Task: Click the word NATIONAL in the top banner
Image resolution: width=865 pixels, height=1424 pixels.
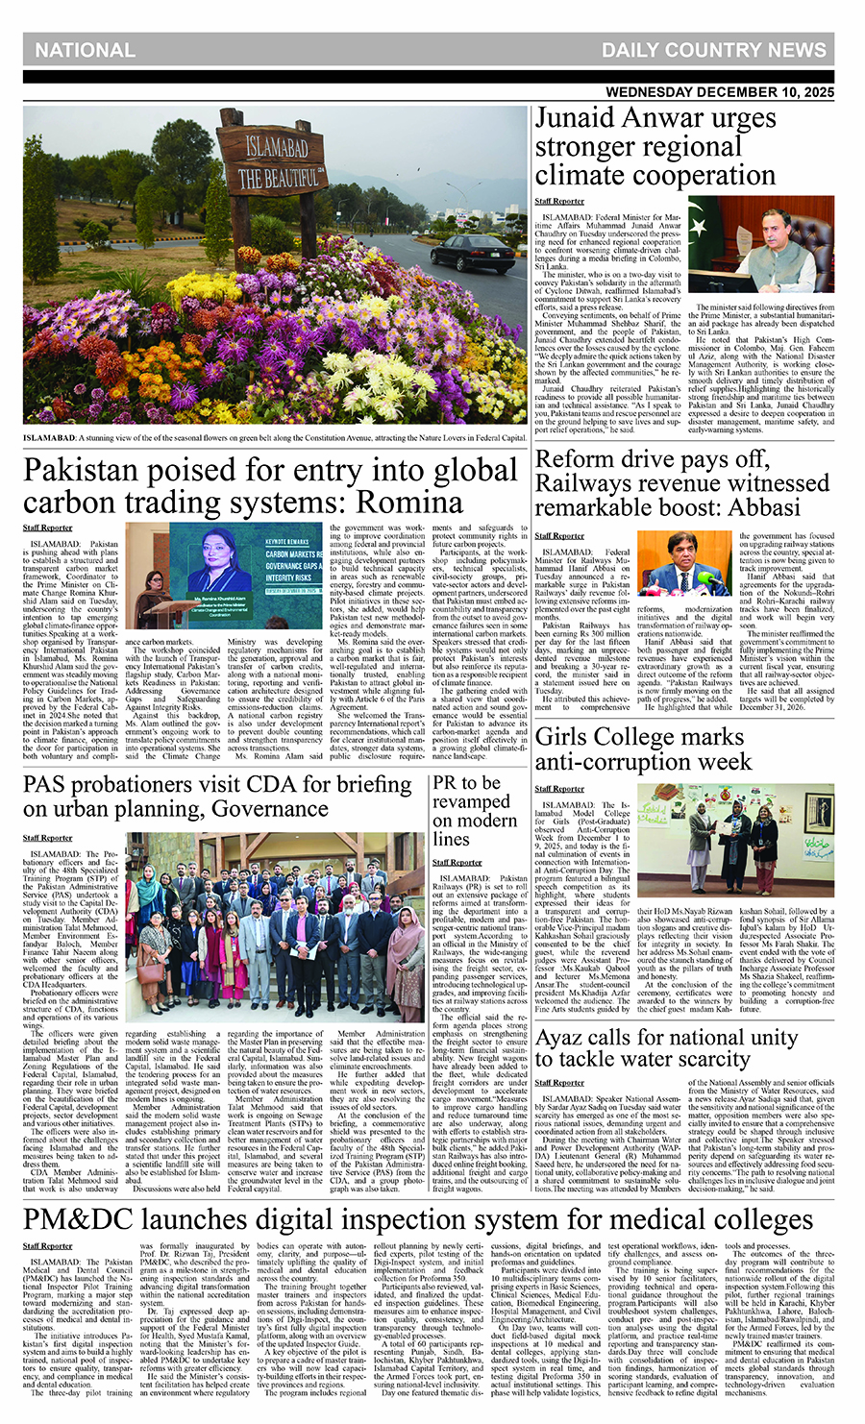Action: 85,50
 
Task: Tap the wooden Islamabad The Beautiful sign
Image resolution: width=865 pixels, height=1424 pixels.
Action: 272,163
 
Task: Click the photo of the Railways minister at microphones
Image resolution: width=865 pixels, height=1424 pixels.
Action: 684,565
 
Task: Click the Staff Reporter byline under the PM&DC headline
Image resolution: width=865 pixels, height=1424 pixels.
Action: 48,1246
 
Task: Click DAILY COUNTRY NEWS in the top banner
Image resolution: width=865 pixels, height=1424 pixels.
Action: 713,50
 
